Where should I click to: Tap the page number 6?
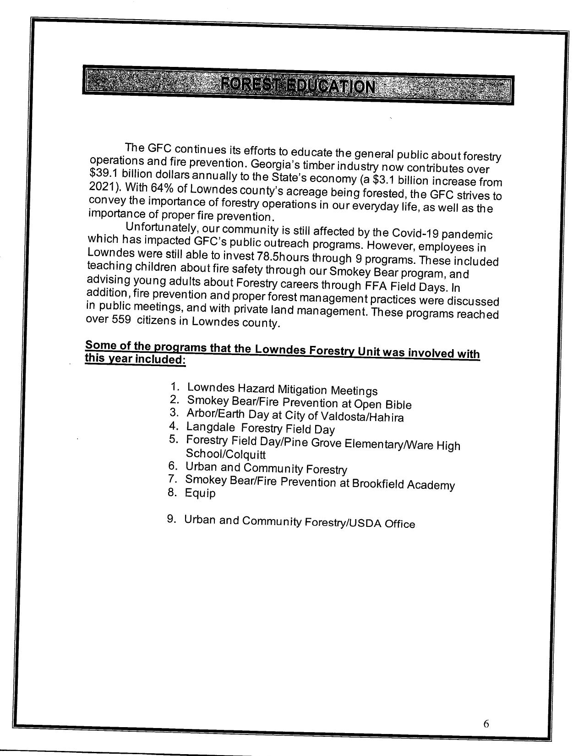pyautogui.click(x=486, y=723)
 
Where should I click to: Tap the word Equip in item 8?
pyautogui.click(x=200, y=494)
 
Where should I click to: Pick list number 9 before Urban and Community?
pyautogui.click(x=172, y=519)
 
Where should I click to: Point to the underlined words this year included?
pyautogui.click(x=136, y=360)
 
